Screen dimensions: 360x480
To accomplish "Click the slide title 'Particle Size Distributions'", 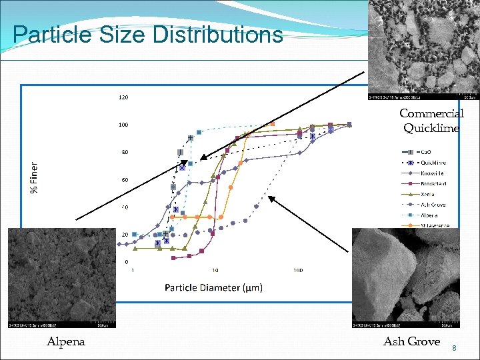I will (147, 35).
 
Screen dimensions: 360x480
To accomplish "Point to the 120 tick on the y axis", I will (123, 97).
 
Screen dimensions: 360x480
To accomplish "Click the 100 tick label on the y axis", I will (123, 125).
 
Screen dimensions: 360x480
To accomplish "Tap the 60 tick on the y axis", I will (124, 180).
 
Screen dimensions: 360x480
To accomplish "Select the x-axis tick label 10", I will (215, 270).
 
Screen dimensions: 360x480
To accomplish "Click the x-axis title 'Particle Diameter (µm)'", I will (213, 287).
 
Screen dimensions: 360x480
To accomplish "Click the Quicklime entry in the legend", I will (431, 162).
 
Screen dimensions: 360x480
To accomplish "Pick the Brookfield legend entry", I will (434, 183).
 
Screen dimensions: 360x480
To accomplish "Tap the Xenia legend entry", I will (427, 194).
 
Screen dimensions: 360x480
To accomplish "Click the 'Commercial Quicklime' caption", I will (431, 121).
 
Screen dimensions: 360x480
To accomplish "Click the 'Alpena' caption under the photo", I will (66, 341).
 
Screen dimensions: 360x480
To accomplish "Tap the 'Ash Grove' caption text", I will (411, 341).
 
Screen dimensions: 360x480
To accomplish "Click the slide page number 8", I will (454, 347).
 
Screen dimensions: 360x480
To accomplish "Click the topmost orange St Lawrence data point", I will (272, 123).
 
